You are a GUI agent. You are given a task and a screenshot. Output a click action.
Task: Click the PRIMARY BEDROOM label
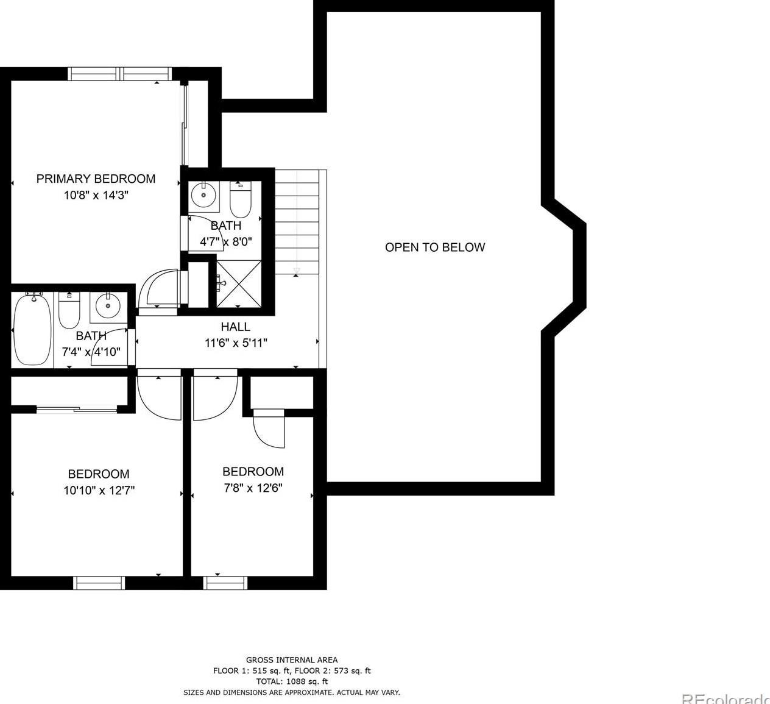tap(96, 179)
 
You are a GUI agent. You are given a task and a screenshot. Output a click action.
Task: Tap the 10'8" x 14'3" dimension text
tap(96, 195)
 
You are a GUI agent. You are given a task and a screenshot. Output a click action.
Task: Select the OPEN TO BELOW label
tap(435, 247)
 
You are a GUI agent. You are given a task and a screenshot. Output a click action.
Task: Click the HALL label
tap(235, 327)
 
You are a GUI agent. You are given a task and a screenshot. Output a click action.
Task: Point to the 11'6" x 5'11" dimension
tap(236, 343)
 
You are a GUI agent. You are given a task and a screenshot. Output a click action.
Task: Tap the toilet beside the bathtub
tap(69, 310)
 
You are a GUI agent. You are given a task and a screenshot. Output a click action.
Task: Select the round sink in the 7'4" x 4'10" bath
tap(108, 306)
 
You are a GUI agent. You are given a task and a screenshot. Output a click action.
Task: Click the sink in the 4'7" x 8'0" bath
tap(203, 195)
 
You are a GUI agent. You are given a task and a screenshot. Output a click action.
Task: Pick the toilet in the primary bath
tap(240, 200)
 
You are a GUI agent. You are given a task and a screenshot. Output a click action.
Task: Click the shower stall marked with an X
tap(239, 283)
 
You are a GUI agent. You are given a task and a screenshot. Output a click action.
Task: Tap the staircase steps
tap(297, 222)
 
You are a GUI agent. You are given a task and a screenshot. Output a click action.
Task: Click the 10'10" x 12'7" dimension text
tap(99, 491)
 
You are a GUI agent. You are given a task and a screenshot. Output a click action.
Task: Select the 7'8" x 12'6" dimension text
tap(253, 488)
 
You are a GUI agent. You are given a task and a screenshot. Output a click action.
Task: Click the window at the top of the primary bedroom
tap(120, 74)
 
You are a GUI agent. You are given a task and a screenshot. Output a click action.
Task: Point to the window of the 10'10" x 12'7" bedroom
tap(99, 583)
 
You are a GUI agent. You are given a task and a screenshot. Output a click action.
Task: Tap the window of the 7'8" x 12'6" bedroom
tap(225, 583)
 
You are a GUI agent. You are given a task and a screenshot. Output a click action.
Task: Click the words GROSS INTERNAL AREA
tap(292, 660)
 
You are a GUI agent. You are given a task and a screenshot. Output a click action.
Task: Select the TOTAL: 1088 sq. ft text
tap(292, 681)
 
